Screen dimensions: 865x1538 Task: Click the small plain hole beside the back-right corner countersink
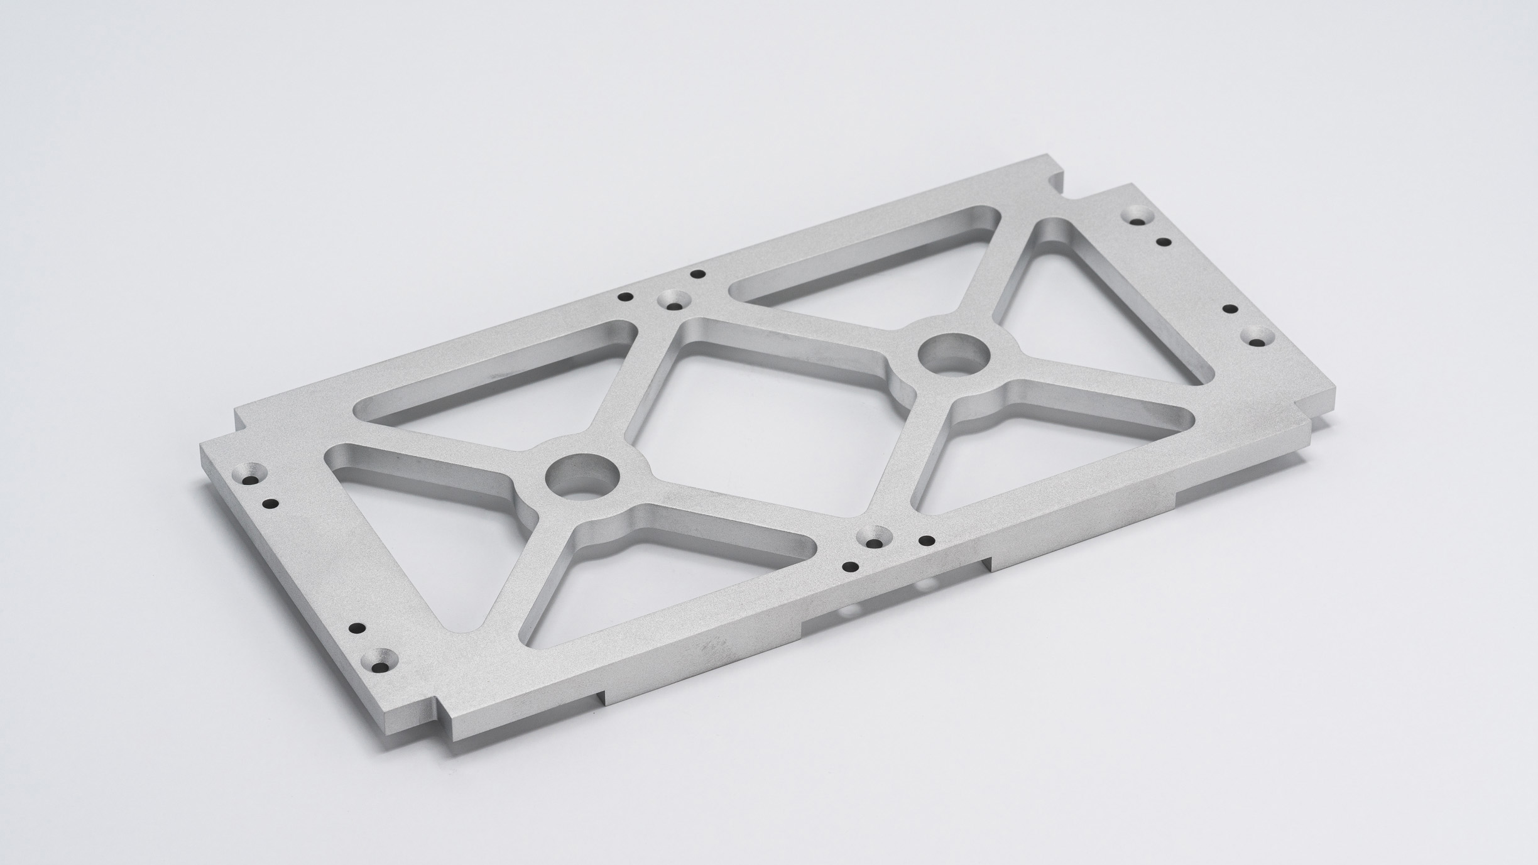(x=1164, y=241)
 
